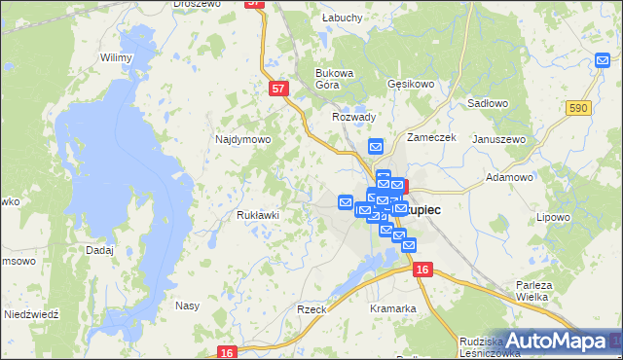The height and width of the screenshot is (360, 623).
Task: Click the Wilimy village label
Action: click(116, 57)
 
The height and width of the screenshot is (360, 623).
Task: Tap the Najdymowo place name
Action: click(242, 139)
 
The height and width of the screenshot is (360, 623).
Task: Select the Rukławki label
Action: click(259, 215)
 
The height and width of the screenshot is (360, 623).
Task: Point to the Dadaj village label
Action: click(99, 250)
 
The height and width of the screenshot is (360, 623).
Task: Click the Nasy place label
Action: click(187, 306)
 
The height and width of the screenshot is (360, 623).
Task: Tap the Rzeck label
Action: click(311, 308)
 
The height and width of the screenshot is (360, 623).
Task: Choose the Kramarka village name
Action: click(393, 308)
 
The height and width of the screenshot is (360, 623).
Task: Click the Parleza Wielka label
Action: click(533, 291)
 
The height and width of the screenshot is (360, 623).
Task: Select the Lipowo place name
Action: click(553, 217)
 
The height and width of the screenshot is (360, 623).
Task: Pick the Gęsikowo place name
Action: click(410, 85)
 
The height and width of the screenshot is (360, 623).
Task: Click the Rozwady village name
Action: click(353, 117)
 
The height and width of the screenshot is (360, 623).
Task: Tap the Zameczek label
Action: click(432, 137)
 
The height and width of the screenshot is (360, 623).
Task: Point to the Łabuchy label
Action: click(342, 18)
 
